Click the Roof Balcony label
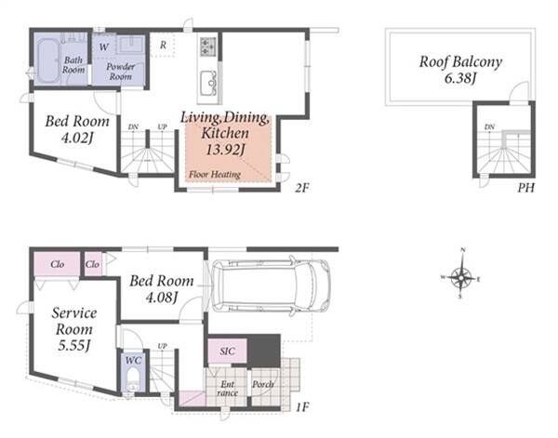(460, 62)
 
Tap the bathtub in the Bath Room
(48, 60)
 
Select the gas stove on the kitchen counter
(208, 46)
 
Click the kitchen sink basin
(208, 84)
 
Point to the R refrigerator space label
(163, 46)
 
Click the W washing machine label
(104, 46)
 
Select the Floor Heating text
(215, 174)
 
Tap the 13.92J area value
(225, 150)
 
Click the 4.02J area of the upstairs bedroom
(77, 138)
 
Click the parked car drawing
(270, 285)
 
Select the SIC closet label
(228, 352)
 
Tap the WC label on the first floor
(133, 361)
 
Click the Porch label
(263, 384)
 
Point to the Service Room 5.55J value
(73, 345)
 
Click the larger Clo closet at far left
(58, 264)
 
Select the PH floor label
(525, 188)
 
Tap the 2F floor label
(301, 188)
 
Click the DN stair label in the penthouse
(489, 126)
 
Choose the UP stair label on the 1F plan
(162, 346)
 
